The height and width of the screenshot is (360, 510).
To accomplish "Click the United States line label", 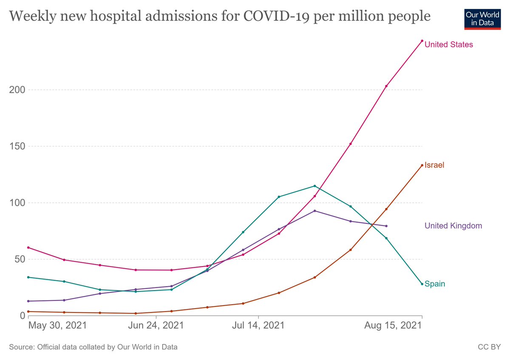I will point(448,45).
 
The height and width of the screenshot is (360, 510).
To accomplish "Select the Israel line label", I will point(434,165).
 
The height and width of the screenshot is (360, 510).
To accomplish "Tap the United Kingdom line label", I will point(453,226).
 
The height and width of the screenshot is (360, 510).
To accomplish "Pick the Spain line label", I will point(435,284).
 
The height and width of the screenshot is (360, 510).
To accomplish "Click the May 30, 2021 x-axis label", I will point(57,326).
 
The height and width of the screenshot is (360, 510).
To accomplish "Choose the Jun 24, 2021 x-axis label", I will point(156,326).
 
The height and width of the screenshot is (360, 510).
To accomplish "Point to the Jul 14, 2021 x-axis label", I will point(258,326).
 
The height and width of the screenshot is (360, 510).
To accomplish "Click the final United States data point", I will point(422,41).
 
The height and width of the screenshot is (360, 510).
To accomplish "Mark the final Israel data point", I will point(422,165).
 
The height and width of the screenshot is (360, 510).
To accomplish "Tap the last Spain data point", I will point(422,284).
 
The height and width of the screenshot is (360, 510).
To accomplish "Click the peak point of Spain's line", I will point(314,186).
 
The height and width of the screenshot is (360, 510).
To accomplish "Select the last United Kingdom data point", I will point(386,226).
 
